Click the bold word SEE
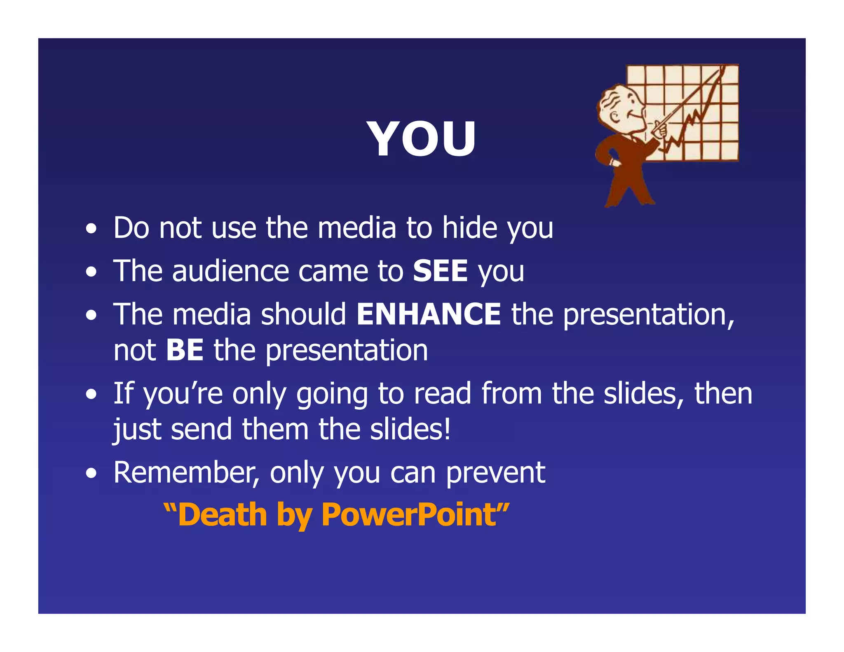point(440,271)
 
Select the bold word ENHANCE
point(429,314)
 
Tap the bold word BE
point(185,350)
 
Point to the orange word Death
point(223,515)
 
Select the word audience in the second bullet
point(230,271)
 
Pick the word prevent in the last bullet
point(496,473)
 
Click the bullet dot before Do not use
point(91,229)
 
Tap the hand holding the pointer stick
point(660,131)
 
